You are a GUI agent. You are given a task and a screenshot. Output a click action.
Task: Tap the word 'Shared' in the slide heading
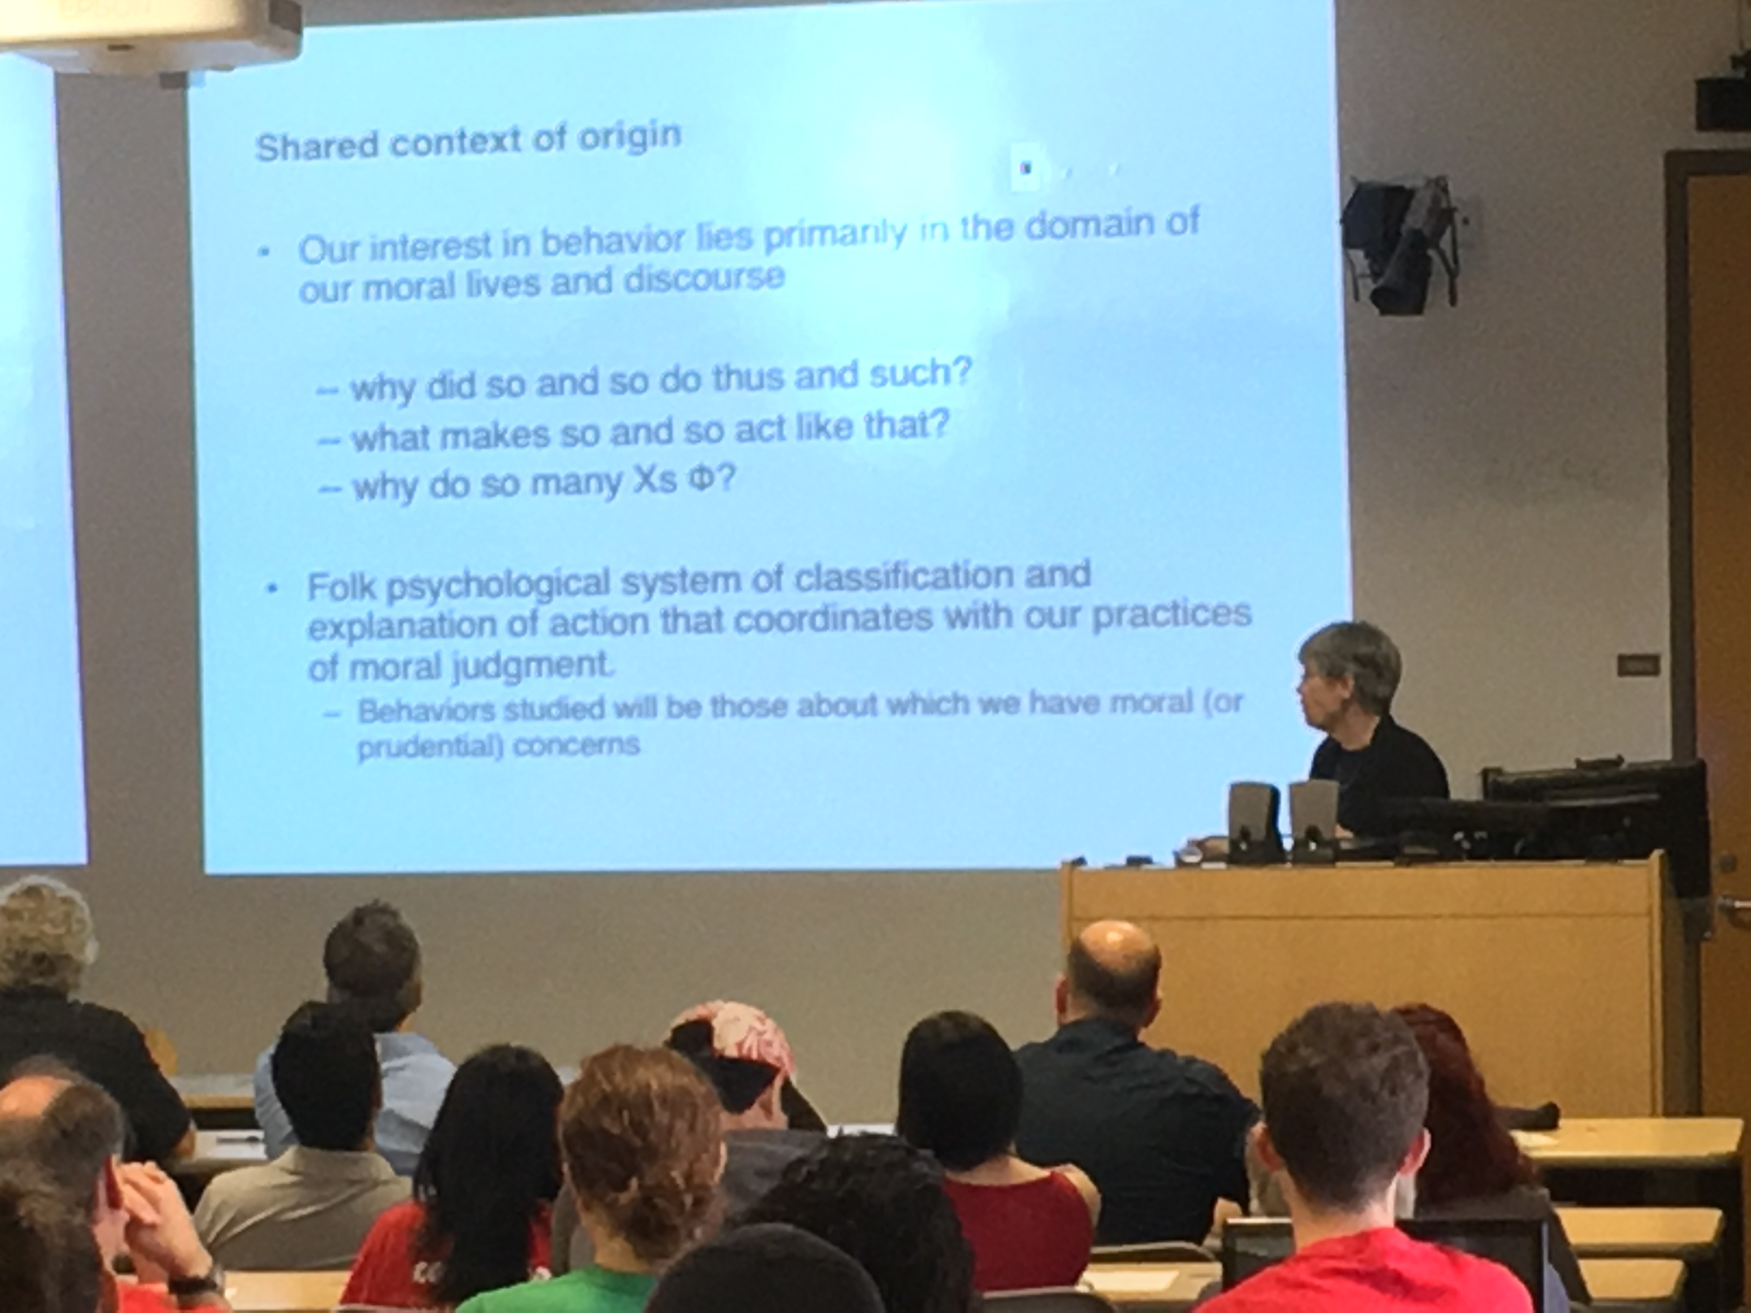[x=314, y=146]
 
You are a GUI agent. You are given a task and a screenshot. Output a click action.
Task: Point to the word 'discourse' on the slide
[x=704, y=279]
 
